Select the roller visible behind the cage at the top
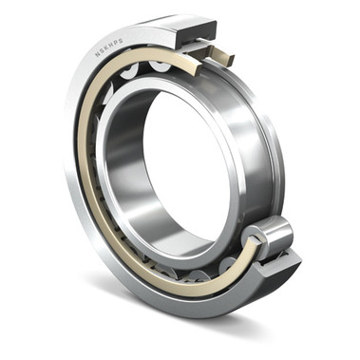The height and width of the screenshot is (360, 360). pyautogui.click(x=157, y=66)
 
